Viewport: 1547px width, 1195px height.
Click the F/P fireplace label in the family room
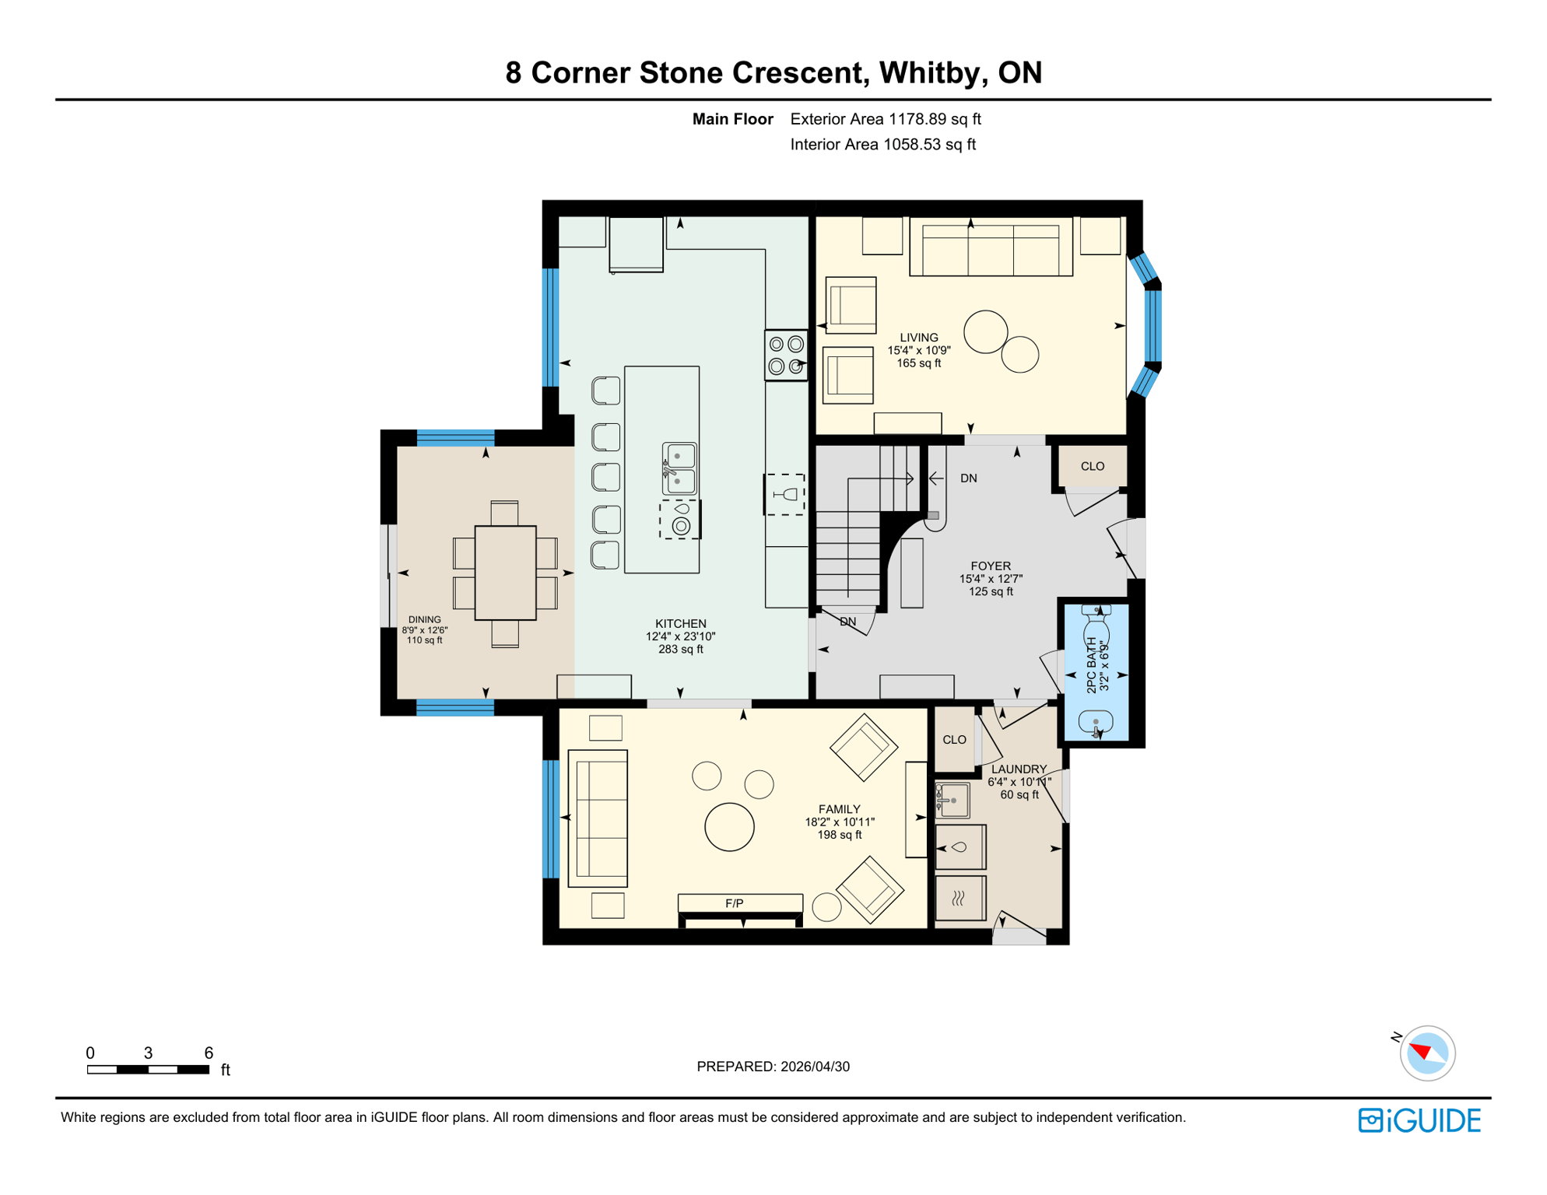734,903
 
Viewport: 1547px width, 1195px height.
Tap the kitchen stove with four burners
786,355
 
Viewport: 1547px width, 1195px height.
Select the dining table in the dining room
505,573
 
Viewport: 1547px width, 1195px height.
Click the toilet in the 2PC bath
1096,622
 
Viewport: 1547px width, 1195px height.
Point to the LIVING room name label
919,338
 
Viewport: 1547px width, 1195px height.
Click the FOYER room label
991,566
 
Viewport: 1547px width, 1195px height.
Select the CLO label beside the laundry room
954,740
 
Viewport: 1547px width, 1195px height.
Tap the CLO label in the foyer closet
1092,467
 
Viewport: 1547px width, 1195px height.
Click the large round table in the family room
729,826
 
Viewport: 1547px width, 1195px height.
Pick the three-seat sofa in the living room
991,249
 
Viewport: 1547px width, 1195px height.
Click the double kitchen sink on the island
679,468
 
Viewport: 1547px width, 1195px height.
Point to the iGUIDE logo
1419,1120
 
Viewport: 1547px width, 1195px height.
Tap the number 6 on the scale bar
209,1053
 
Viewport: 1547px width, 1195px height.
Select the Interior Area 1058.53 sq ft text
882,145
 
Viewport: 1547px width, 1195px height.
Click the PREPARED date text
773,1067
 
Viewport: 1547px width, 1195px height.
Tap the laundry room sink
953,800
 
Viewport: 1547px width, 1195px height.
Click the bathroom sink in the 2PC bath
1096,723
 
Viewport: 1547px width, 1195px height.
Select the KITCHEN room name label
680,624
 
